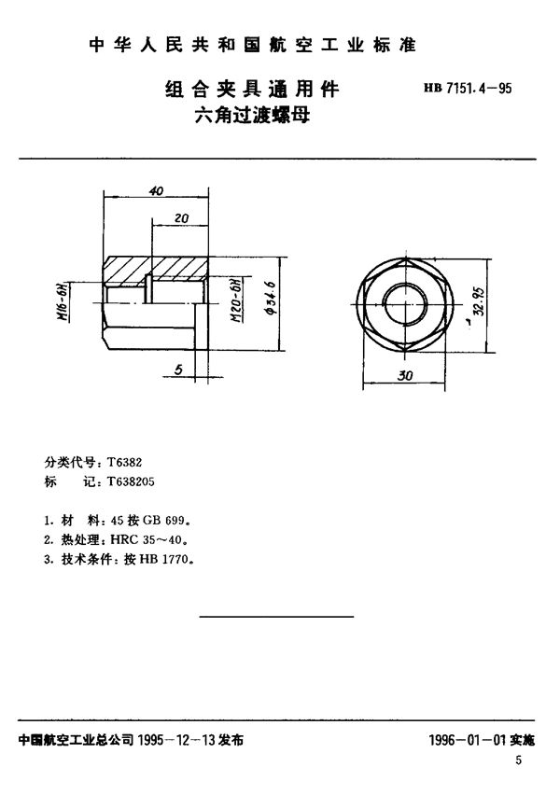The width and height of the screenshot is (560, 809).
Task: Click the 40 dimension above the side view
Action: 156,191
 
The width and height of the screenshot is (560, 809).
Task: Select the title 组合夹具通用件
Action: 251,91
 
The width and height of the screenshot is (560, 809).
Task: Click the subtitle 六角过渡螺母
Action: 251,118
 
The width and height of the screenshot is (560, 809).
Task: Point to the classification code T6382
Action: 123,462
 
